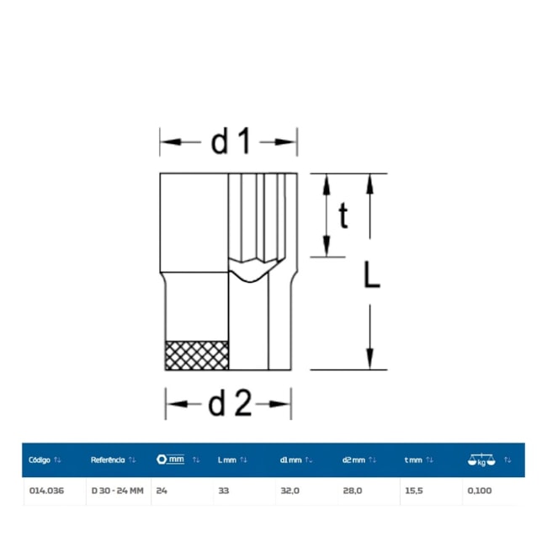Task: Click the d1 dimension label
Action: click(x=231, y=141)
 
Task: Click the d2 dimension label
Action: click(x=230, y=404)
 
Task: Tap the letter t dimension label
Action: click(x=343, y=215)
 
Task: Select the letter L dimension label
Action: click(x=371, y=275)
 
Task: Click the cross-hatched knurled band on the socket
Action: click(x=197, y=355)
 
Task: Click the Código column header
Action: click(x=40, y=459)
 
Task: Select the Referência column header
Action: click(x=108, y=459)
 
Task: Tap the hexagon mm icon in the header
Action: click(x=170, y=459)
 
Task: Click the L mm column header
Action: click(x=226, y=460)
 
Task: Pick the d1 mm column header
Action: click(x=290, y=460)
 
